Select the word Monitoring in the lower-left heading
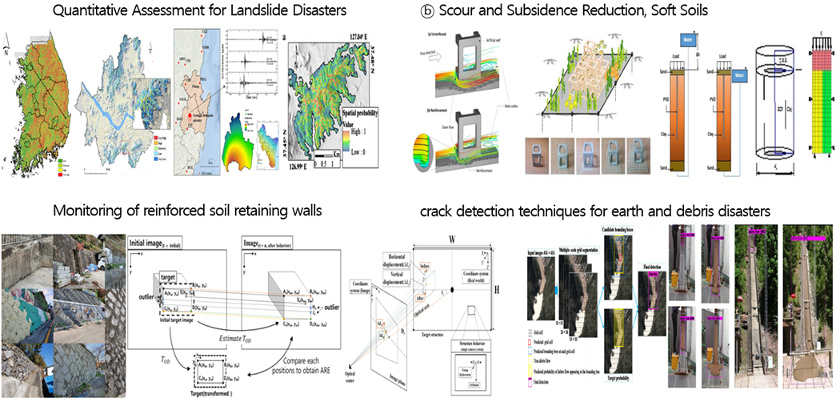click(81, 212)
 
